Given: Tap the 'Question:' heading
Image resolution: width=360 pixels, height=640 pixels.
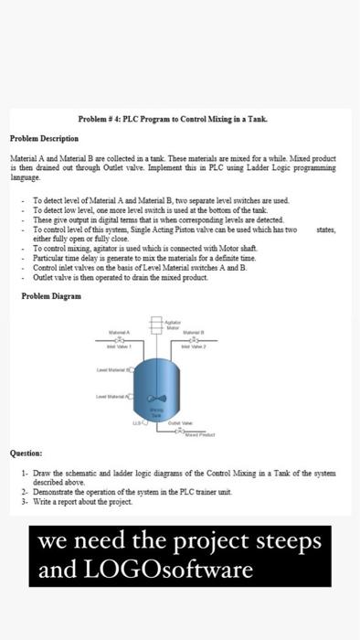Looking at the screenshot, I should [x=26, y=452].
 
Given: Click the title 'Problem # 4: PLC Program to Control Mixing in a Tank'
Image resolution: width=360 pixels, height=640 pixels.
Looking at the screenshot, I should [x=180, y=120].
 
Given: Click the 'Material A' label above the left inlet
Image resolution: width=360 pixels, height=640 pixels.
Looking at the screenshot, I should [x=121, y=331].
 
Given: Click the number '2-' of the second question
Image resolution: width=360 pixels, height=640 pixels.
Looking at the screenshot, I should [x=24, y=490].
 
